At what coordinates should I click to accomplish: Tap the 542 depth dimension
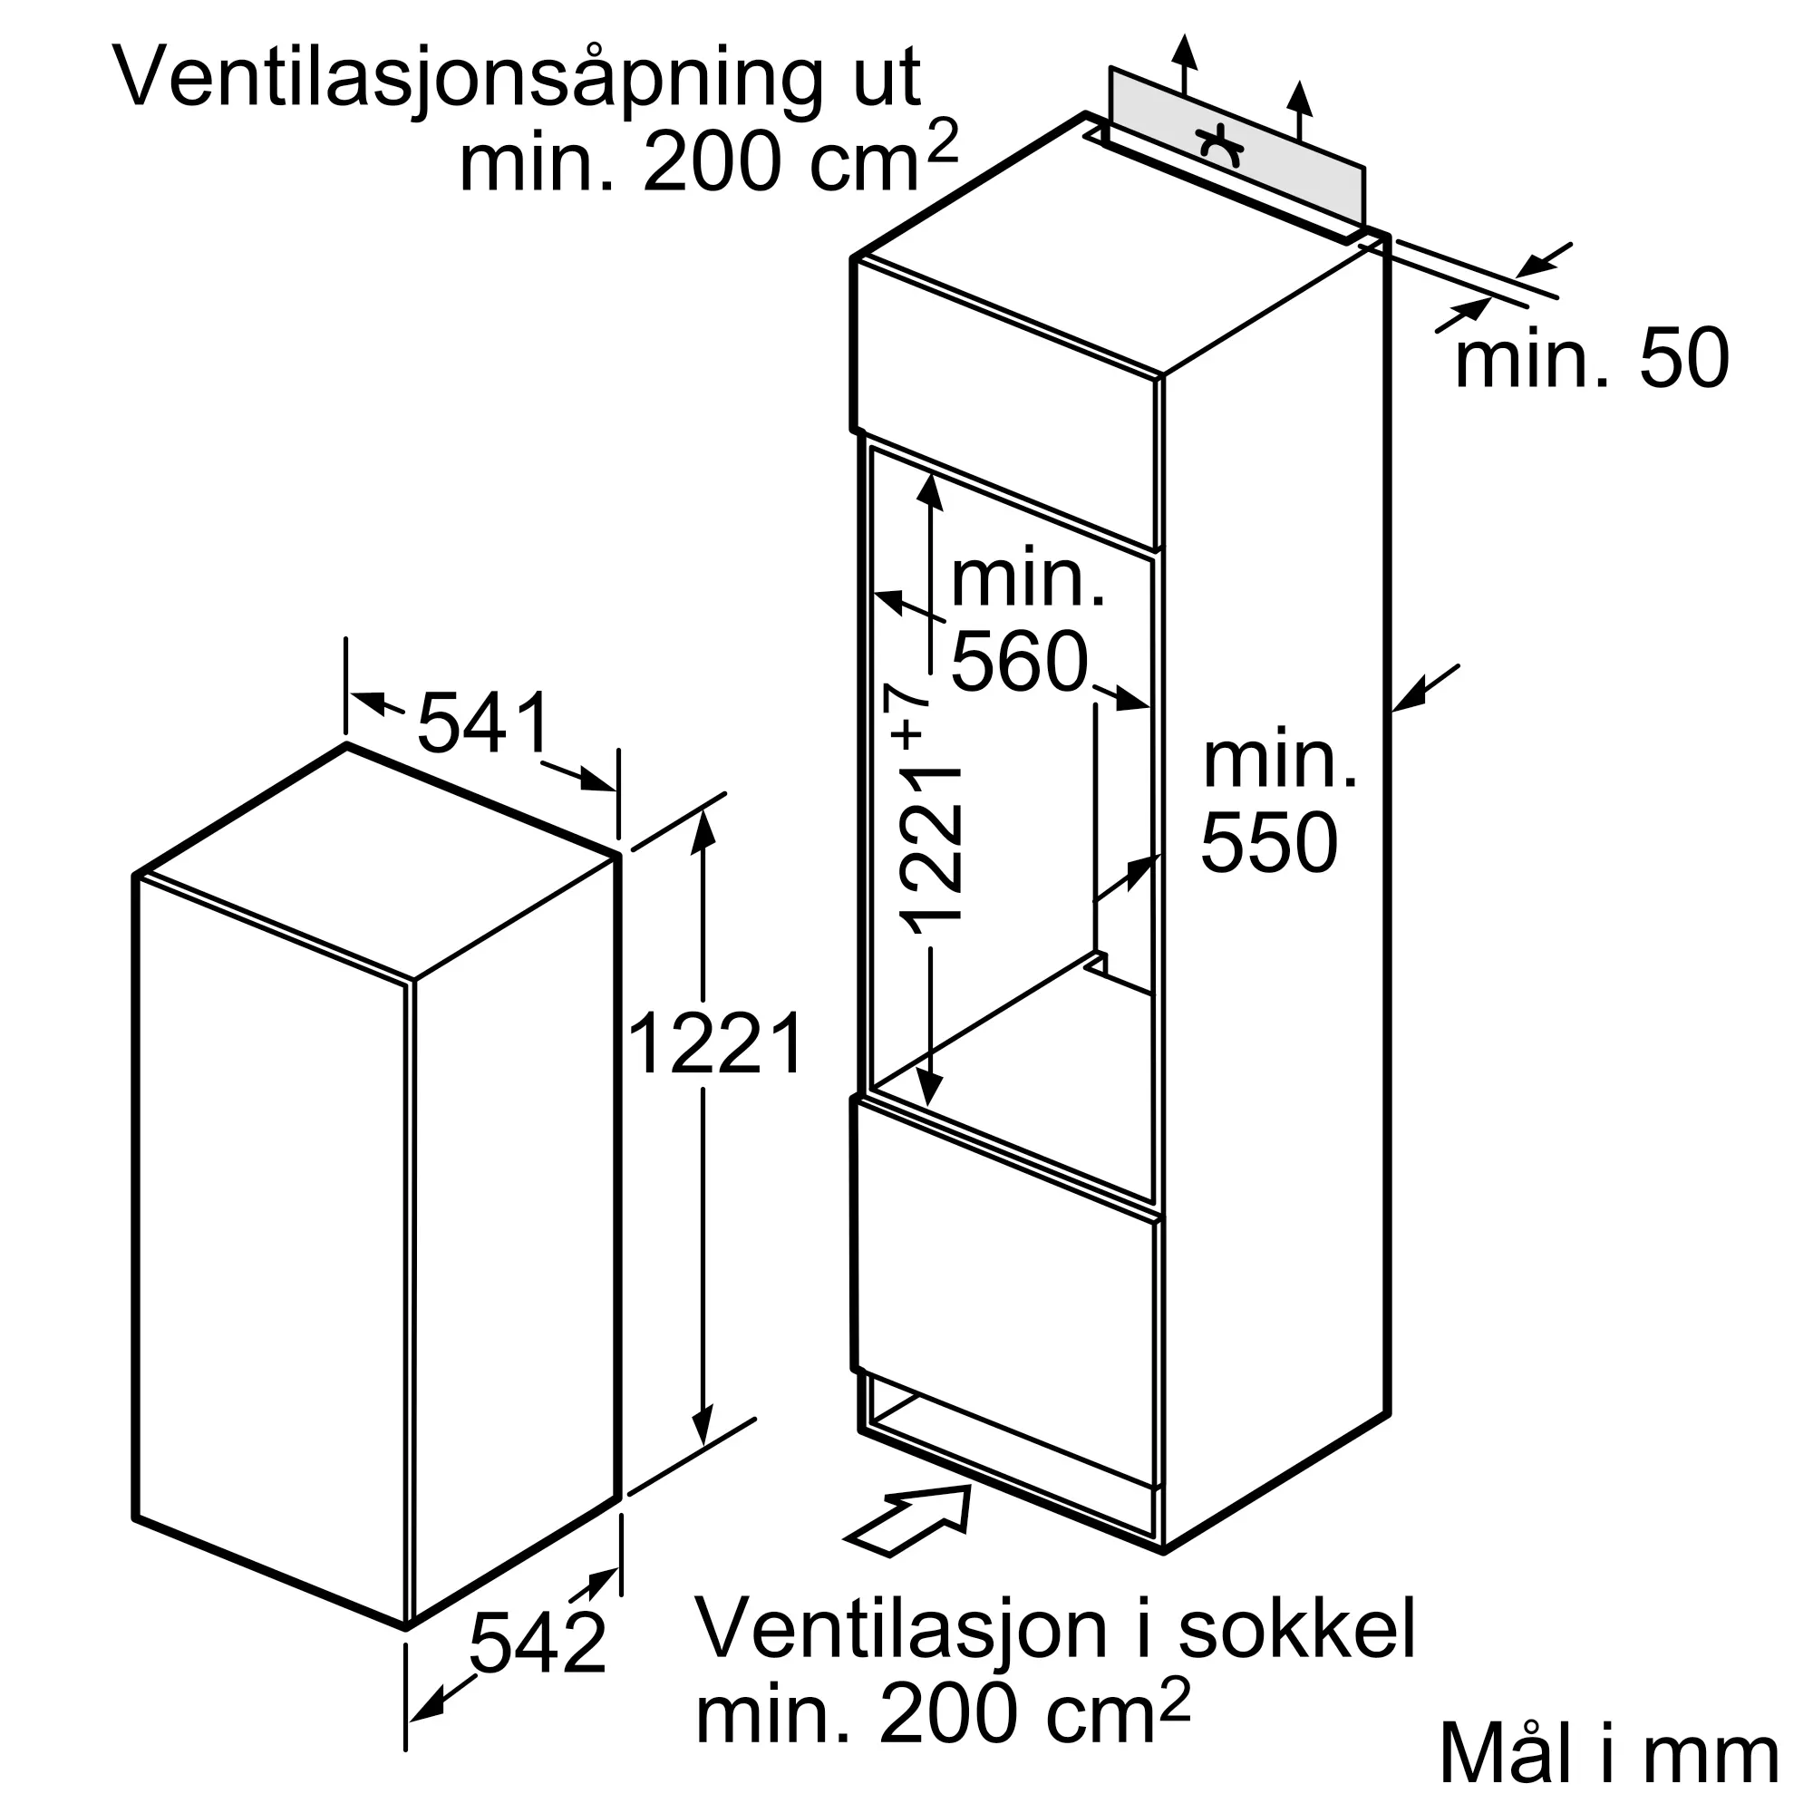pyautogui.click(x=537, y=1643)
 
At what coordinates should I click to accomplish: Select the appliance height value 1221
pyautogui.click(x=715, y=1043)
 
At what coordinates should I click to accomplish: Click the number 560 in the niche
pyautogui.click(x=1019, y=662)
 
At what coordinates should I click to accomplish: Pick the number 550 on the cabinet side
pyautogui.click(x=1269, y=845)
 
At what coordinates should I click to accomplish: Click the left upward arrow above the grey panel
pyautogui.click(x=1185, y=56)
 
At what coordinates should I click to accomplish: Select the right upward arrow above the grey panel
pyautogui.click(x=1299, y=103)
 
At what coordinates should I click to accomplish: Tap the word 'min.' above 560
pyautogui.click(x=1029, y=581)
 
